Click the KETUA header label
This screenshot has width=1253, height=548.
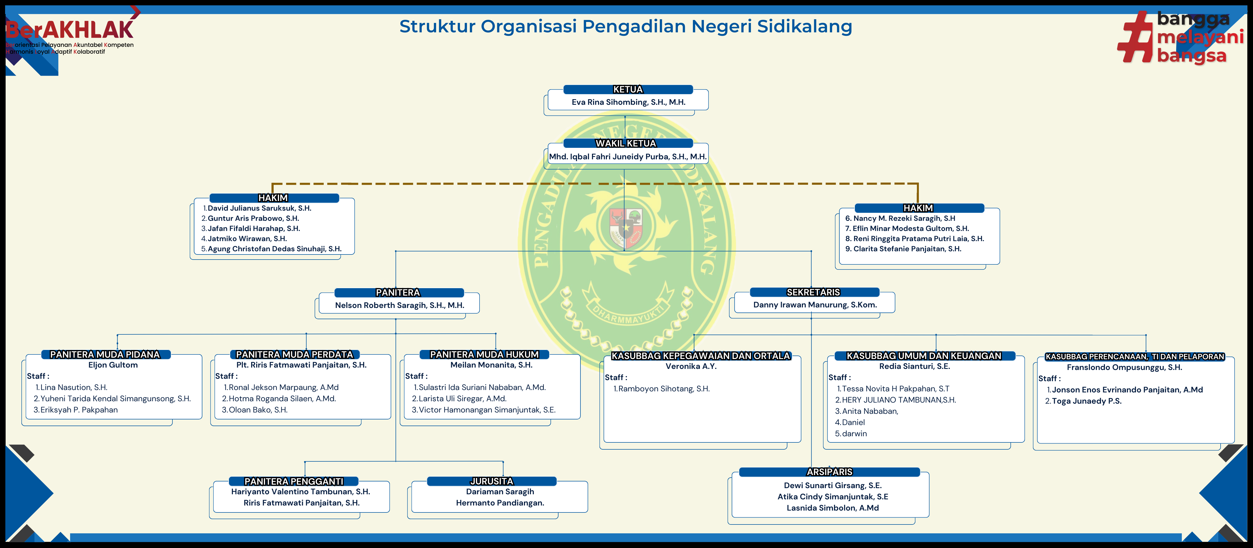tap(628, 89)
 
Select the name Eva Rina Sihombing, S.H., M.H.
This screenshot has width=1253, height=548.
tap(628, 102)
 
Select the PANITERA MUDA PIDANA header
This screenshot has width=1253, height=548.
tap(105, 355)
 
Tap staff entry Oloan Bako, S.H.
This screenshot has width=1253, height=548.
tap(258, 410)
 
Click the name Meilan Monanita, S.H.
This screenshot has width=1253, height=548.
tap(491, 365)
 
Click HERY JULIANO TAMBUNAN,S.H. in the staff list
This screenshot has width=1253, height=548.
tap(899, 400)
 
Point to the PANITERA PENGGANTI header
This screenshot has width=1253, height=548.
tap(293, 481)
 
